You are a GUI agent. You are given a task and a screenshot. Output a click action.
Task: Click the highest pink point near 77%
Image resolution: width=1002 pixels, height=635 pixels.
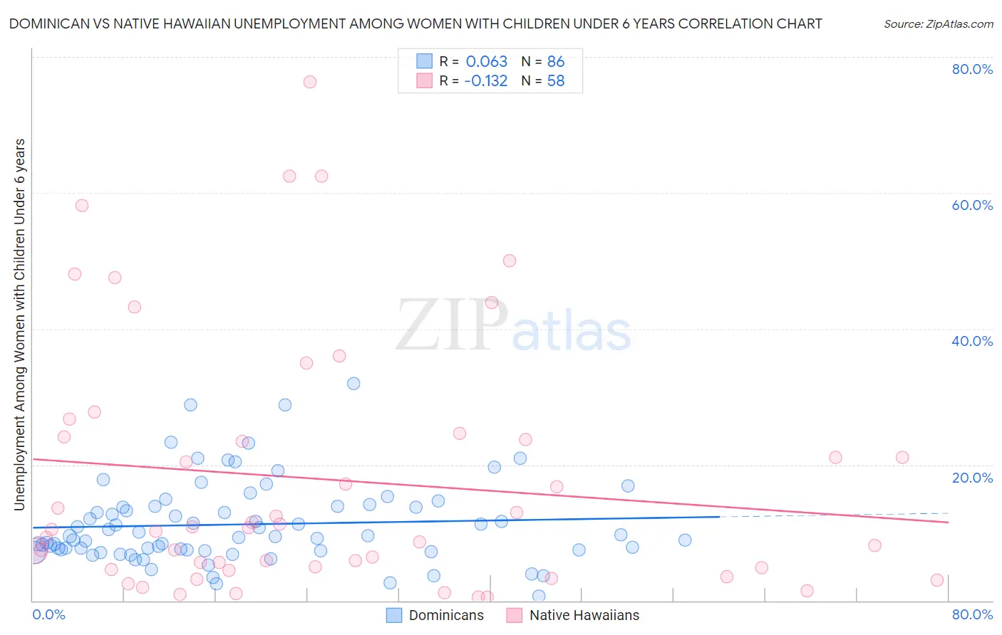coord(309,82)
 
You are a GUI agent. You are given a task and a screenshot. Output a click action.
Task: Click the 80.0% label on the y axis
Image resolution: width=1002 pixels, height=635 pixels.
coord(972,69)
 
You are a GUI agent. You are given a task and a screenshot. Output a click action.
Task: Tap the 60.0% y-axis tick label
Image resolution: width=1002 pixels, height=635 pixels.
coord(972,205)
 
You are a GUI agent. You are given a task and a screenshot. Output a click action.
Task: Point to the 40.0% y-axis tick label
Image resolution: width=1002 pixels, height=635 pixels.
coord(972,341)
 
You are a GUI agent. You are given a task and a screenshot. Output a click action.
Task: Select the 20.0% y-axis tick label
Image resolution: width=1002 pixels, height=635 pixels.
coord(972,478)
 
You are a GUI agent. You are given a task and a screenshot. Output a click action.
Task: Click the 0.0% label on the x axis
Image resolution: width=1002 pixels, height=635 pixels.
coord(48,614)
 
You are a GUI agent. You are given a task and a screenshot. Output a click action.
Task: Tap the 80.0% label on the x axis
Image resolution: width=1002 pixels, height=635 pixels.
coord(972,614)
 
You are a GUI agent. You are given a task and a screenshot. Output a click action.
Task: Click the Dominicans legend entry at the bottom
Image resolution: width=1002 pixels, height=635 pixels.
coord(435,615)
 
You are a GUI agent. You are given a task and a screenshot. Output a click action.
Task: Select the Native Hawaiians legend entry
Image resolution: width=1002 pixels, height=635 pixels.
coord(573,615)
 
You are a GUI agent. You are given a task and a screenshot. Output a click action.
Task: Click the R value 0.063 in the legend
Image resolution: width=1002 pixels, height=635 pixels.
coord(486,62)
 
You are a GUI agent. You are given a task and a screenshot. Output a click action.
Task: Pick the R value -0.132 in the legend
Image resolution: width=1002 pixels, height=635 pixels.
coord(485,81)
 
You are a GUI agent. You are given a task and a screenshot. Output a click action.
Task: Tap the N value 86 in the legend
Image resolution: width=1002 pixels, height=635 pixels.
coord(556,62)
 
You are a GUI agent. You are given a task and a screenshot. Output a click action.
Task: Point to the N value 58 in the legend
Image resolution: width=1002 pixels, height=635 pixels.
coord(556,81)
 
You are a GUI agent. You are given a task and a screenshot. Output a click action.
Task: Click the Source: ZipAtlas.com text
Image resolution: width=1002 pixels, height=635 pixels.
coord(938,24)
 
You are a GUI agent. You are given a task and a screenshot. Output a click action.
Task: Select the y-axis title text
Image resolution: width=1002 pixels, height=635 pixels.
coord(19,325)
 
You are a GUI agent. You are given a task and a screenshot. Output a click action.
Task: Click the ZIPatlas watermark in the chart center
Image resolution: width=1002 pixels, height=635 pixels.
coord(513,326)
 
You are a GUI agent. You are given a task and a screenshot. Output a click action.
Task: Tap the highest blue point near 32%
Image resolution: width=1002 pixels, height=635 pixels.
coord(353,384)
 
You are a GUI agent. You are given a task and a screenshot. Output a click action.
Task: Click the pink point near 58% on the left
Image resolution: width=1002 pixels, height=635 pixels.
coord(82,206)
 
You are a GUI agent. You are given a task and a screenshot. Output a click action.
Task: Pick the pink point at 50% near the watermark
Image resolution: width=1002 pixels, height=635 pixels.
coord(509,261)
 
